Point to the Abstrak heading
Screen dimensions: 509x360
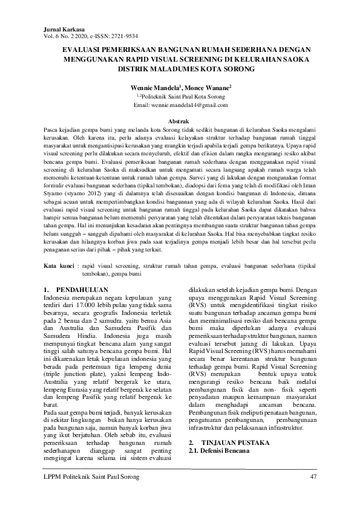[x=180, y=122]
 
